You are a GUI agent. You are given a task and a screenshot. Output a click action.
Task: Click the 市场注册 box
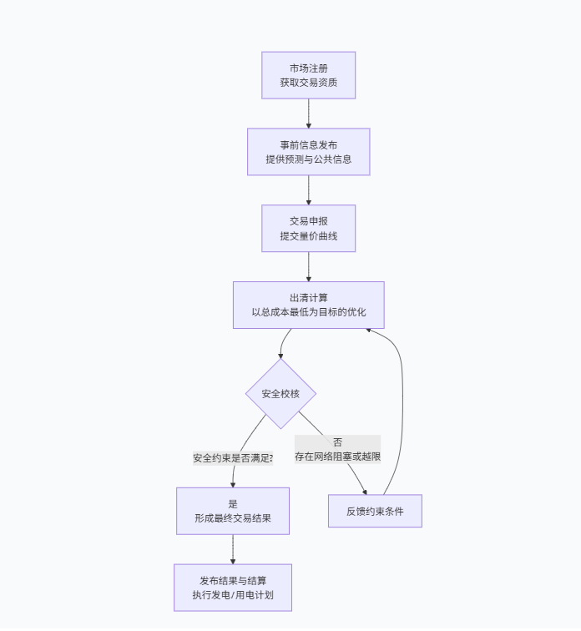308,75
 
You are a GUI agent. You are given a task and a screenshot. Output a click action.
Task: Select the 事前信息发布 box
308,152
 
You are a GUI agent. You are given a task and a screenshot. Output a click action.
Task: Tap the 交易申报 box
308,228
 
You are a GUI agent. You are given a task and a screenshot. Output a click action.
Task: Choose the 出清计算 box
308,305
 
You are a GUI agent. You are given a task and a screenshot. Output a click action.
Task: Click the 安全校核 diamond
280,394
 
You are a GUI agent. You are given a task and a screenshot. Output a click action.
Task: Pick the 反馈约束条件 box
375,511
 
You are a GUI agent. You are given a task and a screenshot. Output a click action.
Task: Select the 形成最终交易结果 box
232,511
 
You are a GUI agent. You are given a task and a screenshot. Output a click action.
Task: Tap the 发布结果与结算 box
232,588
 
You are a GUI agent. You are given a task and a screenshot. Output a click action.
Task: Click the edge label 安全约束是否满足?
233,458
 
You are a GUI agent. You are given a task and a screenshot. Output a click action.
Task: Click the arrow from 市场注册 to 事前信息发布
308,114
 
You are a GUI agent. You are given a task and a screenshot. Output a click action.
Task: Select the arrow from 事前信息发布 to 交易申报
308,190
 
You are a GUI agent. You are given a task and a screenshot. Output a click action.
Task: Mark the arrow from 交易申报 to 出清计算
308,266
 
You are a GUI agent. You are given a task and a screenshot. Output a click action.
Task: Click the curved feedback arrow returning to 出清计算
402,401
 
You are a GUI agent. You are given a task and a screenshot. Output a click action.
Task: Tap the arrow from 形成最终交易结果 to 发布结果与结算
232,549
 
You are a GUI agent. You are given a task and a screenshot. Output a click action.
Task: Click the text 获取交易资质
308,83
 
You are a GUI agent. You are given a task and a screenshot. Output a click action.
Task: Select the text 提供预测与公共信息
308,159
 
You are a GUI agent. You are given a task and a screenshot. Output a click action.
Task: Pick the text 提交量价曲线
308,236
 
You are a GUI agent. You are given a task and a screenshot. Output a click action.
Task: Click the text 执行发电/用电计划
232,596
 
